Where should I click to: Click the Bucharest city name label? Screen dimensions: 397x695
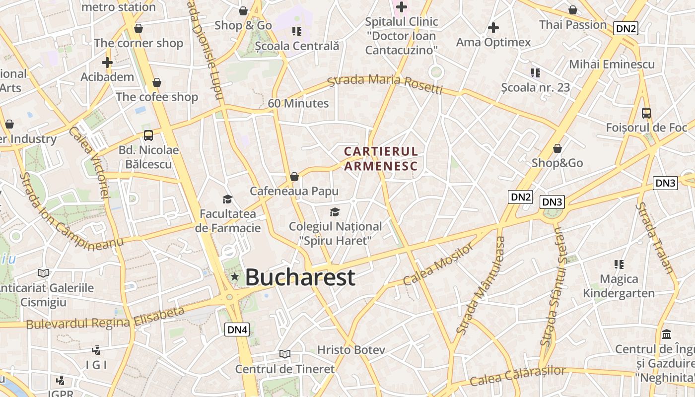tap(300, 277)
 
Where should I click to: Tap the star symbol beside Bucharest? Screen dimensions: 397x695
tap(235, 276)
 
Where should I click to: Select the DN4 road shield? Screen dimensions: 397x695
tap(237, 329)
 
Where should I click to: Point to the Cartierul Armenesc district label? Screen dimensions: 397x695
tap(381, 158)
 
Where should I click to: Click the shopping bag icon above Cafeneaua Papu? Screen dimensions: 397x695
tap(294, 177)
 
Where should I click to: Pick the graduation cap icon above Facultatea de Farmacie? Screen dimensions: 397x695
tap(227, 199)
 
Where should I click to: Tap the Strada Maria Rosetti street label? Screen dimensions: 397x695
tap(385, 83)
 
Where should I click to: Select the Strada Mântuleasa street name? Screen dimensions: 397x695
tap(481, 285)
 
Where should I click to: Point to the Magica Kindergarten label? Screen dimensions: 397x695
tap(619, 286)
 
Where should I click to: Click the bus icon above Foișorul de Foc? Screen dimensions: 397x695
tap(646, 113)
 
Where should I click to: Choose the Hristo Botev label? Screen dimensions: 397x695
tap(351, 350)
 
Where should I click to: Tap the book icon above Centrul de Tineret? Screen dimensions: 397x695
tap(285, 354)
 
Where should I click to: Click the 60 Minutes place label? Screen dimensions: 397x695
tap(298, 103)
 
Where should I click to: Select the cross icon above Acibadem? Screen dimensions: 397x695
tap(107, 63)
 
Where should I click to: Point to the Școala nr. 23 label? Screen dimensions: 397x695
tap(535, 88)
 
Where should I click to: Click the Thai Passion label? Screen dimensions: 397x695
tap(573, 24)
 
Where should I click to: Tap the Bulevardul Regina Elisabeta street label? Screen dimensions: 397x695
tap(105, 318)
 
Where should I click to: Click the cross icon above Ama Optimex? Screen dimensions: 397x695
tap(493, 28)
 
